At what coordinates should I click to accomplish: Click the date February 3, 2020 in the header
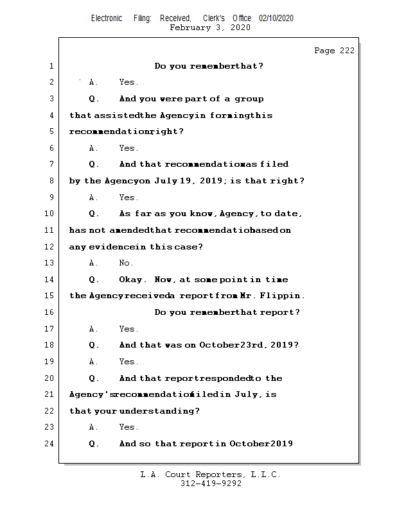[209, 28]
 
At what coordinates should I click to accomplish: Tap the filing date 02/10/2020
[276, 19]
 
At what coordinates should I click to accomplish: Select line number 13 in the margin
[51, 263]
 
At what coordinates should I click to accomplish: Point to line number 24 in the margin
[51, 444]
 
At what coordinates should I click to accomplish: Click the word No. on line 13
[126, 263]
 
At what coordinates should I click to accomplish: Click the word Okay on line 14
[133, 280]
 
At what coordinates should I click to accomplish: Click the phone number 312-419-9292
[211, 484]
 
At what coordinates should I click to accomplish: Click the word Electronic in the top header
[107, 19]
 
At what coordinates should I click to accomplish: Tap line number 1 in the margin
[51, 66]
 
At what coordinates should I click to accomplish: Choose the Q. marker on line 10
[94, 214]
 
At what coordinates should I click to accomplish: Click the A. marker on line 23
[94, 427]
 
